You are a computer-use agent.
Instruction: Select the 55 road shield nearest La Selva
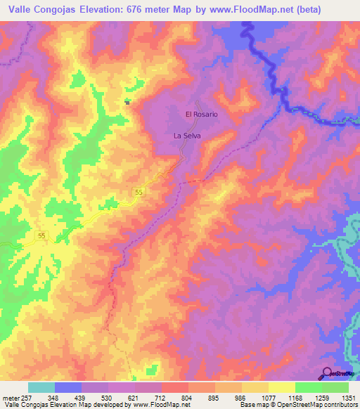click(x=140, y=192)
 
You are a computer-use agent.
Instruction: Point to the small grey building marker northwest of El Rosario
click(x=127, y=102)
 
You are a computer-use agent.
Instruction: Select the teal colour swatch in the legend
click(x=41, y=387)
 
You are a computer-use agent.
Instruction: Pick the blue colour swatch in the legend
click(x=68, y=387)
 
